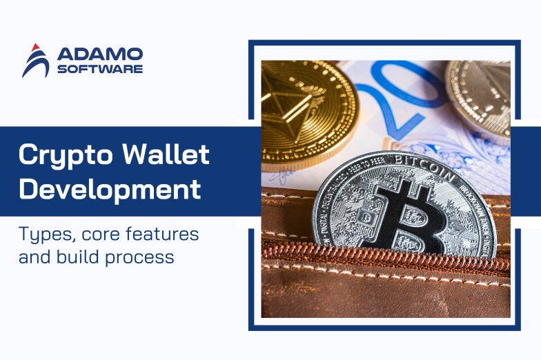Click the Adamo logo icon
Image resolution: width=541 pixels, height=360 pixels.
pyautogui.click(x=35, y=61)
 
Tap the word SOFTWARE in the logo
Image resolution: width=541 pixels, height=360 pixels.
pyautogui.click(x=100, y=69)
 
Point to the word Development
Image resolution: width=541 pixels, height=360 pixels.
pyautogui.click(x=110, y=189)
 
